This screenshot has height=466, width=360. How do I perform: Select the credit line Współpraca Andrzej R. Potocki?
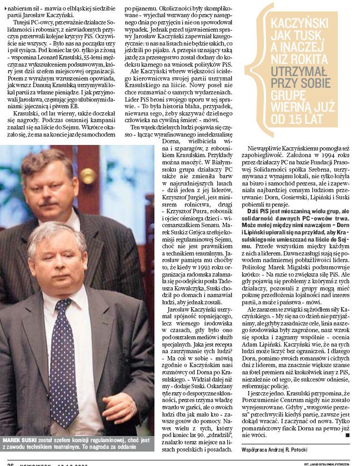click(274, 448)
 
